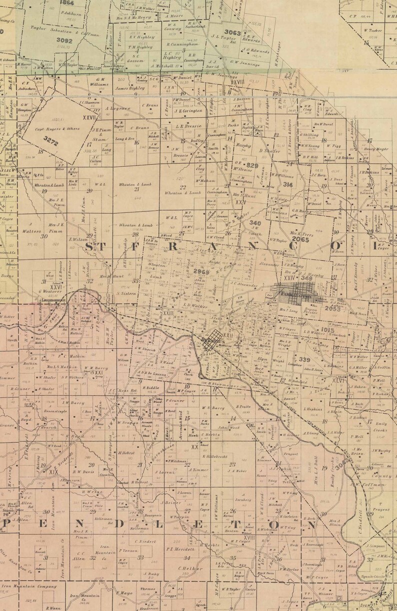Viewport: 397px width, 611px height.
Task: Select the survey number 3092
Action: [64, 39]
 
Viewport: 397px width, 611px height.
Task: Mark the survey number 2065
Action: [300, 239]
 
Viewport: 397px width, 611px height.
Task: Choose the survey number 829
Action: [252, 164]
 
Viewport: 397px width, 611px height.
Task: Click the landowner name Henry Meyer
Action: [376, 148]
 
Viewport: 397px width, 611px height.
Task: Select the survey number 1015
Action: [327, 329]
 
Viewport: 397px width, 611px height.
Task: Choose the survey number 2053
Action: [331, 308]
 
